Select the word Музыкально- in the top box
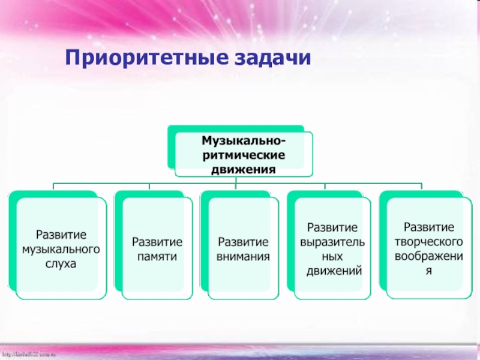point(244,141)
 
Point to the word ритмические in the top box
point(244,155)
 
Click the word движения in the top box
point(244,169)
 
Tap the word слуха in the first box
point(61,263)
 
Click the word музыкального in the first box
point(61,248)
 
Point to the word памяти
point(157,256)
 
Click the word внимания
point(243,256)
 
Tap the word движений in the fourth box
point(333,271)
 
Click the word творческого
point(428,241)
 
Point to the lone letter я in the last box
point(428,271)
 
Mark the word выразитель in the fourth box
point(333,241)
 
